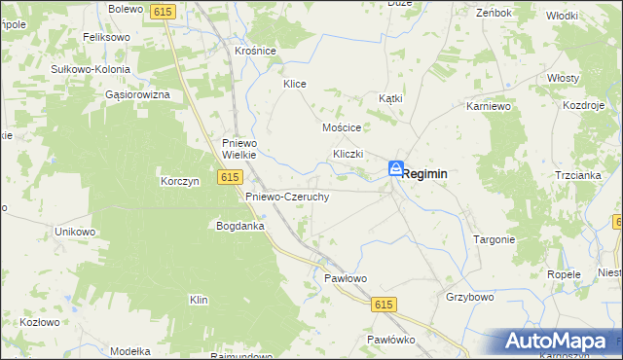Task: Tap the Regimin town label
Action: pos(425,173)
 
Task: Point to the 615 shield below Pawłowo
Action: pos(383,305)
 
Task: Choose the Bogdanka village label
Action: pos(240,226)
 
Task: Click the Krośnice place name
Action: pos(256,51)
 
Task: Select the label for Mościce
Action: pos(342,127)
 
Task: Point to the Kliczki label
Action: pos(348,154)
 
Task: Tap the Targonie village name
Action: pos(494,238)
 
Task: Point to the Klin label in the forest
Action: pos(200,300)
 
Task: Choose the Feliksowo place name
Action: pos(107,36)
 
